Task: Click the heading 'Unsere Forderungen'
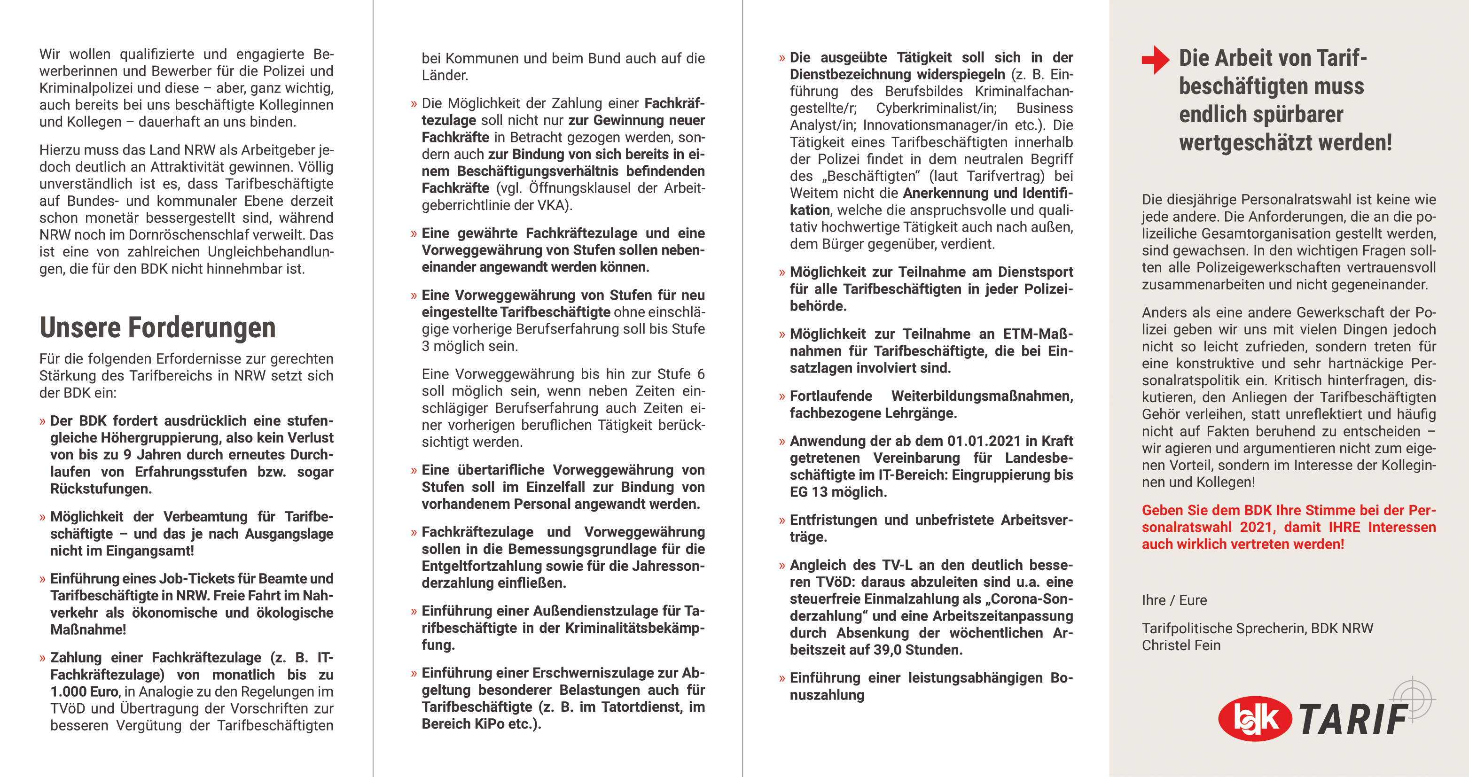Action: coord(157,328)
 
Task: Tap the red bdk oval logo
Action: coord(1255,718)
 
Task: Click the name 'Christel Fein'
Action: coord(1181,645)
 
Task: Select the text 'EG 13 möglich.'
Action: coord(838,492)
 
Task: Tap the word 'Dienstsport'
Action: coord(1035,272)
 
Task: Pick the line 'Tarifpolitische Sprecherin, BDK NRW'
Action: coord(1257,628)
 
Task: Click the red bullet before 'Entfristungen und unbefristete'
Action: coord(782,521)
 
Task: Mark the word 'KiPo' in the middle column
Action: coord(490,724)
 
